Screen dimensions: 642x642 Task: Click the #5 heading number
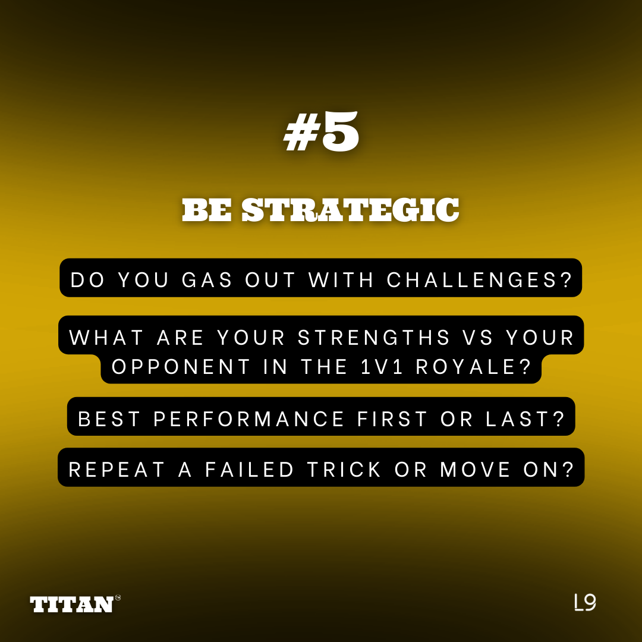321,132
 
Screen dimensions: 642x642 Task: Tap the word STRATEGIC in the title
350,210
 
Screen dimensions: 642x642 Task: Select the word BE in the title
207,210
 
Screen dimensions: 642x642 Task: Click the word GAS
207,280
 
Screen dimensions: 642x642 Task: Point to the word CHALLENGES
479,280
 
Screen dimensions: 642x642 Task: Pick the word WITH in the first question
341,280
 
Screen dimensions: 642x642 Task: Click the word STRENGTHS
374,338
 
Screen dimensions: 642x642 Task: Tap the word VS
478,338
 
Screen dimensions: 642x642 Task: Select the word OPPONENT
181,366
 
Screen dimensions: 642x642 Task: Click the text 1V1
382,366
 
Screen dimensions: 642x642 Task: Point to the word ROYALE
473,366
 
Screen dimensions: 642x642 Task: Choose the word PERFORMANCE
248,419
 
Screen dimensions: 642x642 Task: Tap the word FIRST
392,419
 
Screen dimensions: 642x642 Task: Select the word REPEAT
117,470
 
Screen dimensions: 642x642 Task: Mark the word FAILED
249,470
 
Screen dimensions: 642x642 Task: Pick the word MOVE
476,470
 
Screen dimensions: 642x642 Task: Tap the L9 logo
585,602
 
